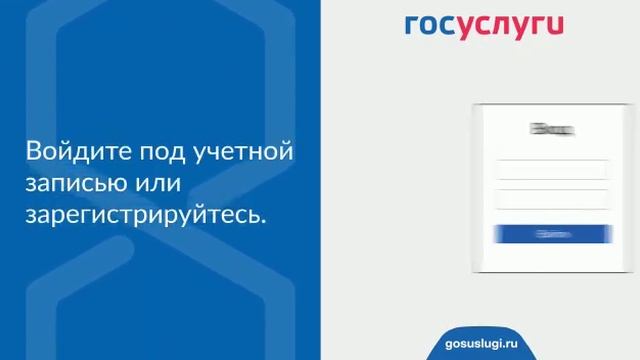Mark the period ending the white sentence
[265, 220]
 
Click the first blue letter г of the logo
[412, 26]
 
